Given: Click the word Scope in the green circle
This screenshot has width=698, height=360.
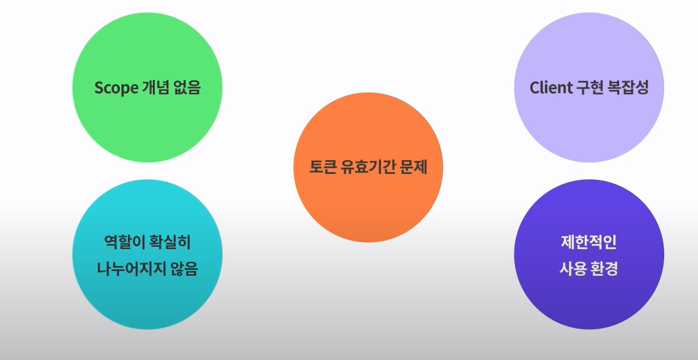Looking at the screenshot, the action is point(116,88).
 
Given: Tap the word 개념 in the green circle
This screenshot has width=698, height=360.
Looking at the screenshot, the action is point(155,88).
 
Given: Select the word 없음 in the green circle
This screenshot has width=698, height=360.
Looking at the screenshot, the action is point(187,88).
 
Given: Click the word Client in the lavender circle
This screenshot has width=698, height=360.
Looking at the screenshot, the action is point(551,88).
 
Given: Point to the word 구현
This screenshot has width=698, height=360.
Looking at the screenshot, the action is point(590,88).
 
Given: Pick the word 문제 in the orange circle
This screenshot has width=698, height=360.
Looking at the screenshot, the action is point(414,167).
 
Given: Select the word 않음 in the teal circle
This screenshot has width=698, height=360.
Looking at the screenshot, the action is point(185,269).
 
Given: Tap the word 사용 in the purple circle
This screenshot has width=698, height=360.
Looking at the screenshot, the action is point(573,269).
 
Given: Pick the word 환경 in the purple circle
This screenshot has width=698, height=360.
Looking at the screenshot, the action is point(604,269).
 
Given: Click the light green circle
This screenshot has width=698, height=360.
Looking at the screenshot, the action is point(147,49).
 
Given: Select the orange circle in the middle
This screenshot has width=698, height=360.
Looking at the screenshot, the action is point(368,206).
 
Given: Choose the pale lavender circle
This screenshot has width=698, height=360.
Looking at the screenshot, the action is point(589,49).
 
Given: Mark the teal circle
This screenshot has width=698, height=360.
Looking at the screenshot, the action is point(147,304).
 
